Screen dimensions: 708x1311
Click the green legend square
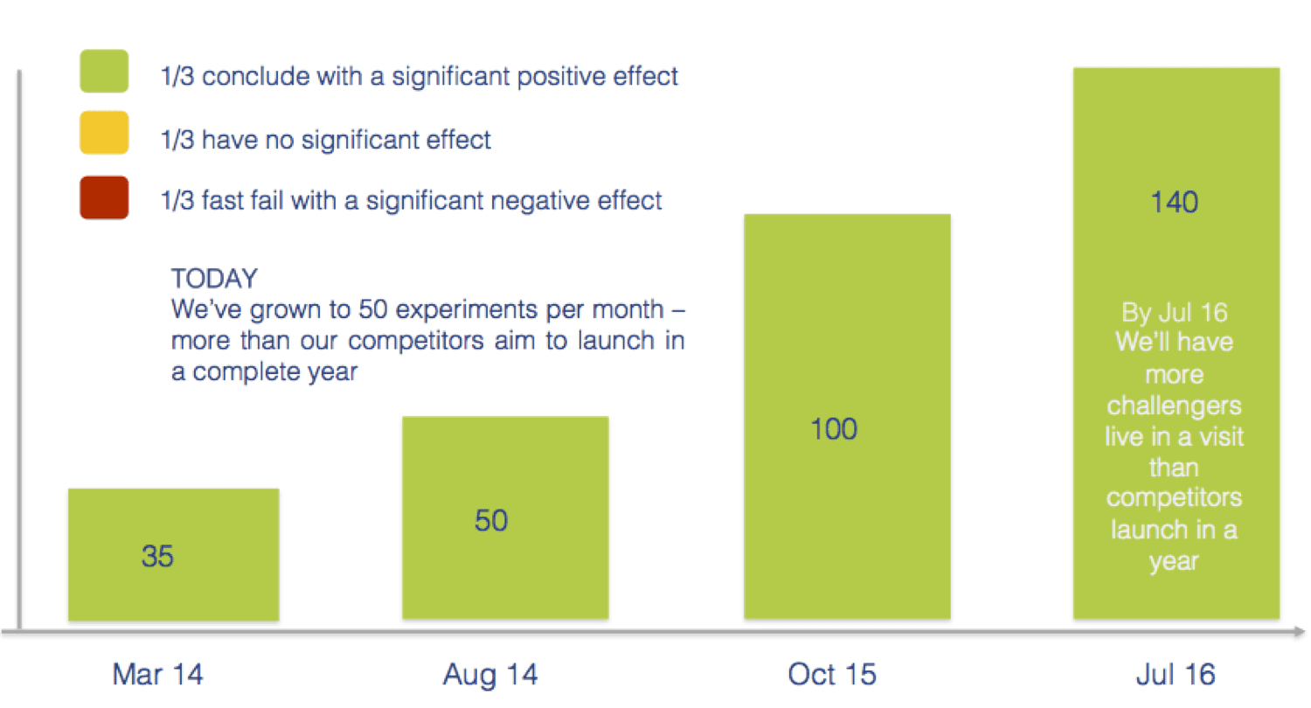[x=104, y=71]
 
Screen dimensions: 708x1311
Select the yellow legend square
[x=104, y=133]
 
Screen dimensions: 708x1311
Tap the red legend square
[x=104, y=197]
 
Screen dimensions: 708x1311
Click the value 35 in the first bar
[x=157, y=556]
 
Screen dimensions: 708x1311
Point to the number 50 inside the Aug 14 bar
[x=491, y=520]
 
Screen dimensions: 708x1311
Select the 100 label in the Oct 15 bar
[x=834, y=429]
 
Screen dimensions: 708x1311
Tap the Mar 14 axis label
[x=157, y=674]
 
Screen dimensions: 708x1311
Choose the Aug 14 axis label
[x=490, y=674]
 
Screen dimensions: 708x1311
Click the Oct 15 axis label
[x=832, y=674]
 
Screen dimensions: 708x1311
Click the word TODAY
[x=214, y=279]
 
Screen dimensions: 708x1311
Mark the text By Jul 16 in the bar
[x=1174, y=313]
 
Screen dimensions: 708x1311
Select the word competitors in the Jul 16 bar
[x=1174, y=498]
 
